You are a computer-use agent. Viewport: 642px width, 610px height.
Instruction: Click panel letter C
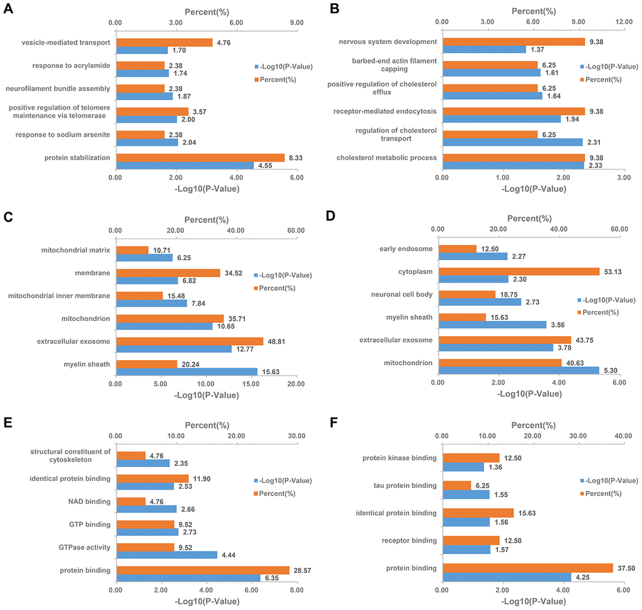[8, 218]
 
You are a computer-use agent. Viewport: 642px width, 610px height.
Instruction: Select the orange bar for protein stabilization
[200, 157]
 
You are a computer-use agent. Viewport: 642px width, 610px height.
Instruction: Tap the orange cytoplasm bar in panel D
[519, 271]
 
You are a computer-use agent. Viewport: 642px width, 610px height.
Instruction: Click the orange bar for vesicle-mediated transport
[164, 42]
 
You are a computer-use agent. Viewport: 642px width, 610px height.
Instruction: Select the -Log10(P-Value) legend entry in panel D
[605, 300]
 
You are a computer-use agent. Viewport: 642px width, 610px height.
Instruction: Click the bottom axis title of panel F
[532, 599]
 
